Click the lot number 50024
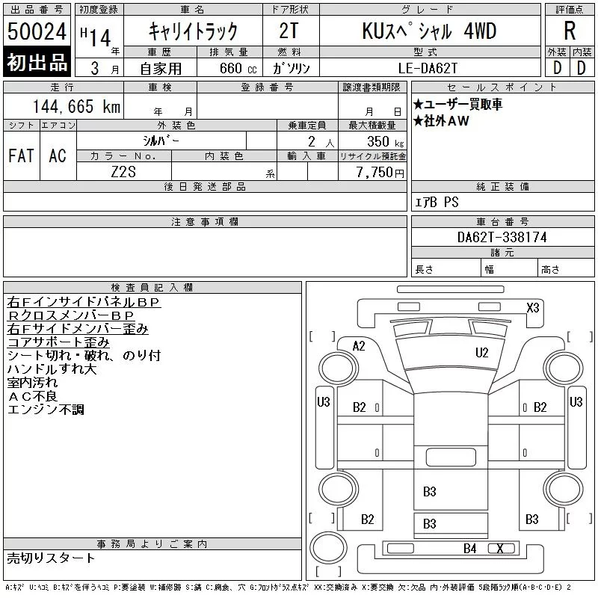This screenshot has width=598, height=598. [x=37, y=31]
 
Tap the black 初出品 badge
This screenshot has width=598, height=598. [x=37, y=62]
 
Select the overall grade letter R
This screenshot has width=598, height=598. [x=570, y=31]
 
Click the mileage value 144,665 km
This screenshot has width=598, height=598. [x=76, y=107]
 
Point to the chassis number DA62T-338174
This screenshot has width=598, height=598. [x=502, y=237]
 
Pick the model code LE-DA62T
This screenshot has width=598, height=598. [x=428, y=68]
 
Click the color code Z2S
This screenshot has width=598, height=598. [x=123, y=172]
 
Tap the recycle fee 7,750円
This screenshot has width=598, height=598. [x=380, y=173]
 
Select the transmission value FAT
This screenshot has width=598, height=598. [x=22, y=155]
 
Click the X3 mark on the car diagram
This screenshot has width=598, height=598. [x=533, y=307]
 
